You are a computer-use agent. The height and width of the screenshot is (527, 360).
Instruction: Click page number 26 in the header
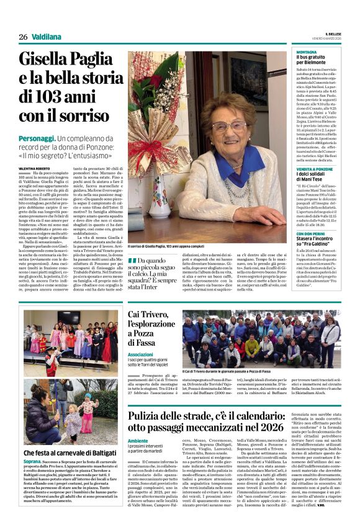(24, 37)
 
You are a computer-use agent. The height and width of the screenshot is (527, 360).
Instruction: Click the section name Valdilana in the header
(47, 37)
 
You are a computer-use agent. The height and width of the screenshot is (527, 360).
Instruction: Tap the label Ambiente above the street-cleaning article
(138, 441)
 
